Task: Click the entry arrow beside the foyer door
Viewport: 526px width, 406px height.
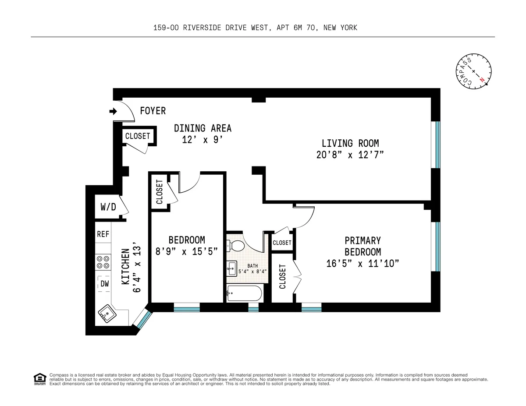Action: pyautogui.click(x=113, y=112)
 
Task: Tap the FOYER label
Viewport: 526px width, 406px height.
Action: pyautogui.click(x=153, y=111)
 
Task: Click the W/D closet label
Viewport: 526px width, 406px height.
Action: pyautogui.click(x=108, y=207)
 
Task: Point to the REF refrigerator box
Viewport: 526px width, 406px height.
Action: pyautogui.click(x=103, y=234)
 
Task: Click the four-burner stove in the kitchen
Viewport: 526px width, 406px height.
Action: pyautogui.click(x=103, y=262)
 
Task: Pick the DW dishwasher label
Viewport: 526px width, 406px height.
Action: pyautogui.click(x=104, y=283)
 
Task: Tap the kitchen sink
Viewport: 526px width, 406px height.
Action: pyautogui.click(x=106, y=314)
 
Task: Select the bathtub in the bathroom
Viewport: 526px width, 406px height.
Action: pyautogui.click(x=244, y=293)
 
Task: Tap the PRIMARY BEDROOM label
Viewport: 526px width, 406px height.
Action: pyautogui.click(x=363, y=246)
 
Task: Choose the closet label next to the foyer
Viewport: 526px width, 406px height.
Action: pyautogui.click(x=138, y=136)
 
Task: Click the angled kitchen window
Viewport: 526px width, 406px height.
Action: pyautogui.click(x=142, y=319)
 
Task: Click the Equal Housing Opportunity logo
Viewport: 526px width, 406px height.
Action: pyautogui.click(x=39, y=379)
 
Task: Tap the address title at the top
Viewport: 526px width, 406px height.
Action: pyautogui.click(x=255, y=28)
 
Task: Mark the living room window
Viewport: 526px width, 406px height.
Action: pyautogui.click(x=437, y=145)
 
